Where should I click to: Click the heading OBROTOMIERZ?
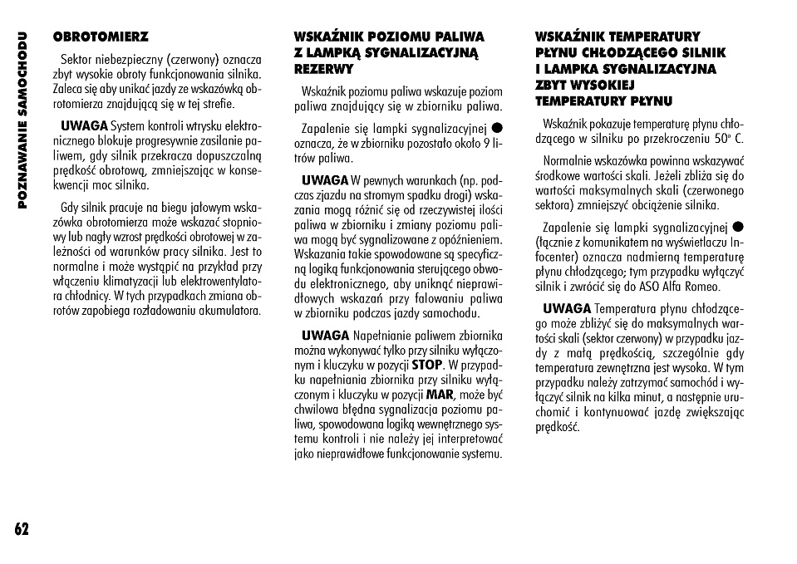(101, 37)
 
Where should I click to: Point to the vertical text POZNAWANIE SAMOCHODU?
(22, 120)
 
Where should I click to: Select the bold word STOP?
(427, 364)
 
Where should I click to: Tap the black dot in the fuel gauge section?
(496, 128)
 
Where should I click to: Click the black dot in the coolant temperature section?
(737, 227)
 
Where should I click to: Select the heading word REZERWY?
(323, 69)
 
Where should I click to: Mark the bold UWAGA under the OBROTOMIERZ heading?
(84, 125)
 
